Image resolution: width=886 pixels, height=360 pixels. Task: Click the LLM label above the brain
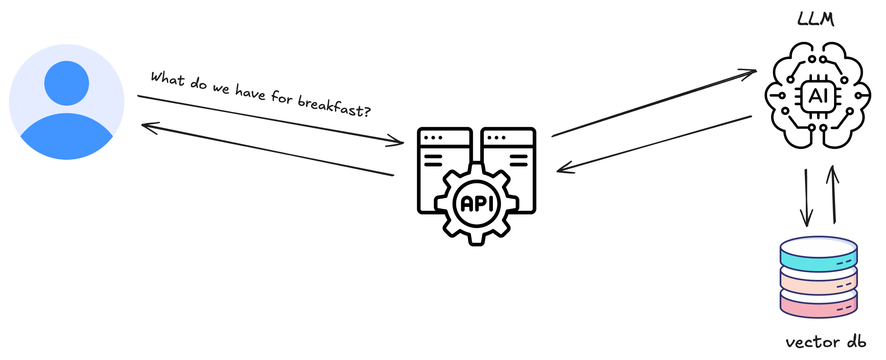815,19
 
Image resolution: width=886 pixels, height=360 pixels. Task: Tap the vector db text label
826,342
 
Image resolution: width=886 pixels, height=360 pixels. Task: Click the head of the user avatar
67,83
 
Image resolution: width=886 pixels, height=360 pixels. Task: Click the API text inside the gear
476,204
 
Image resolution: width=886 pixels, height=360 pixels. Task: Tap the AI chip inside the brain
818,96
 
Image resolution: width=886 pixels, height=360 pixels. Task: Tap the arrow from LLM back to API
653,144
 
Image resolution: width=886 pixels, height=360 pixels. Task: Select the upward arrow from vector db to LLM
833,195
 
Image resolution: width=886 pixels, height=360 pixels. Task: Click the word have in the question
250,92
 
